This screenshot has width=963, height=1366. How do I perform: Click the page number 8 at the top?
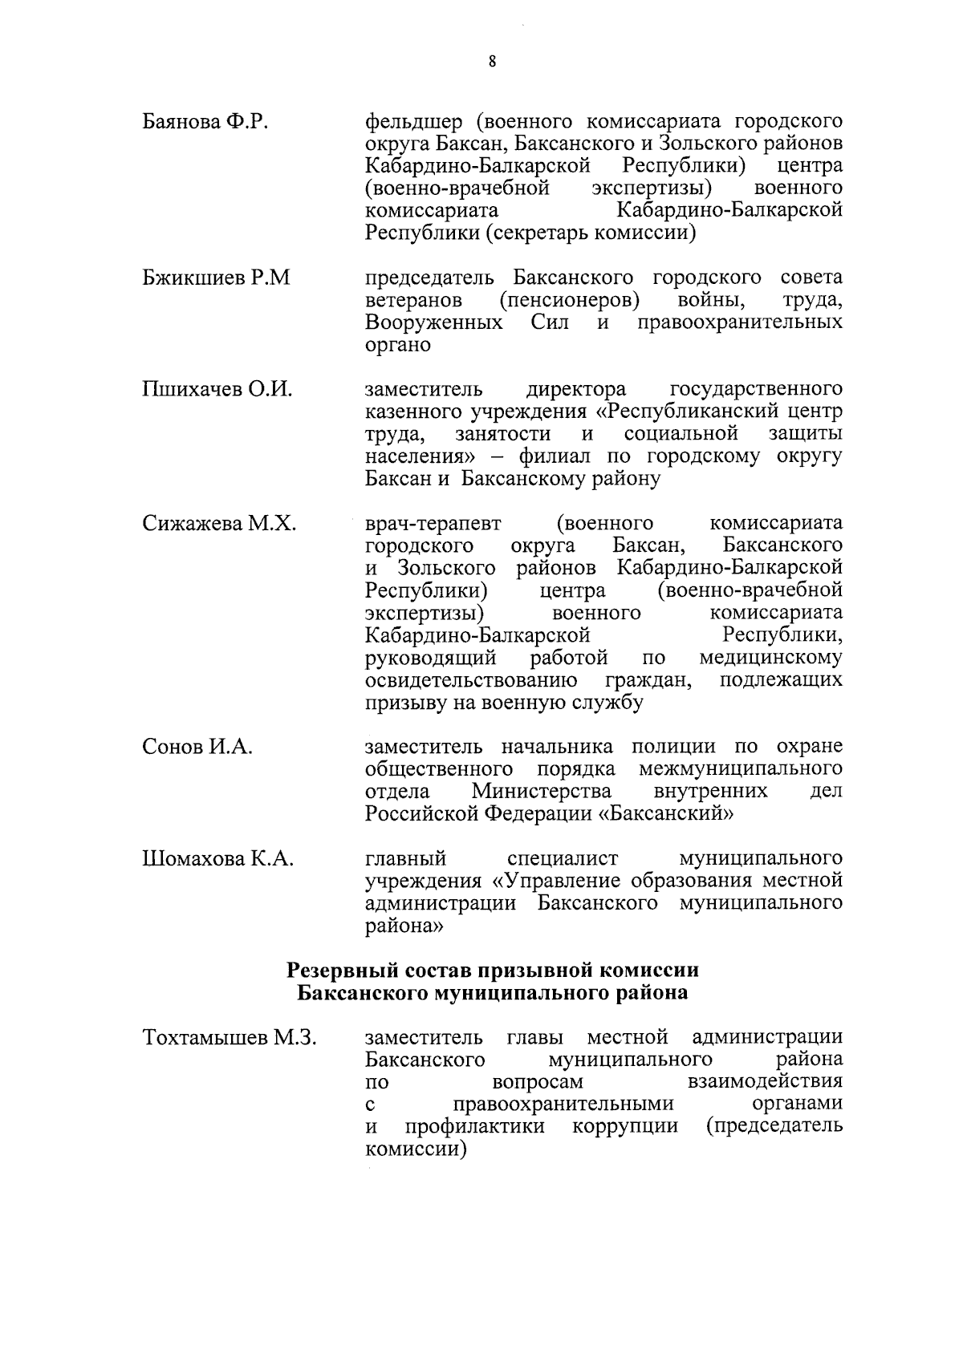coord(491,62)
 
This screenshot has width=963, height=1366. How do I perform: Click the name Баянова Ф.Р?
coord(205,122)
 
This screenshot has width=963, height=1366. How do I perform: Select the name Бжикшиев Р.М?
coord(216,278)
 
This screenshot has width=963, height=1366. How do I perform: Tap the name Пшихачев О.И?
coord(217,391)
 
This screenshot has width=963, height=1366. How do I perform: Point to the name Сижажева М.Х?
coord(219,525)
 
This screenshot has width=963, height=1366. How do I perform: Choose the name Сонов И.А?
coord(197,748)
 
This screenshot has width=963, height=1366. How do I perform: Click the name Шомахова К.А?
coord(217,860)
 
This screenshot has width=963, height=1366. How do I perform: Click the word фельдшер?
coord(414,122)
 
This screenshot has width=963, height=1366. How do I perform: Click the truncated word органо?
coord(398,346)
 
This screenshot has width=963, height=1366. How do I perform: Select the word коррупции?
coord(625,1126)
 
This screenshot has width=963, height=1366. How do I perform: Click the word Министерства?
coord(542,792)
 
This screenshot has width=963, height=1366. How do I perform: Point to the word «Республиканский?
coord(689,412)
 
